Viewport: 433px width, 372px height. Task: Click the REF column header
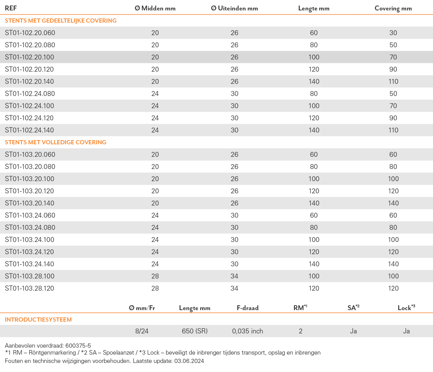coord(11,8)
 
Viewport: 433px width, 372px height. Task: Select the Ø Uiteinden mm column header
coord(234,8)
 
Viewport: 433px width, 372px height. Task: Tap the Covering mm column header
coord(393,8)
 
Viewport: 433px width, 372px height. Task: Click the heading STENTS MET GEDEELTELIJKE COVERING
coord(61,21)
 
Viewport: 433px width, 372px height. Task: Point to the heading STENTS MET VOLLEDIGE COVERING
coord(56,142)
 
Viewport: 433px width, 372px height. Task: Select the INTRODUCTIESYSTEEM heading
coord(38,320)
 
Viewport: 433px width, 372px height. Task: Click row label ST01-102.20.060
coord(30,33)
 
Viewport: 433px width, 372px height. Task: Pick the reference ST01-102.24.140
coord(29,130)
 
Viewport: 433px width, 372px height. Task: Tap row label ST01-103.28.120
coord(30,288)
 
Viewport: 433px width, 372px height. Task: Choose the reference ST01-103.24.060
coord(30,215)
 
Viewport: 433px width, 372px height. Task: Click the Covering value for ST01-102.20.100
coord(393,57)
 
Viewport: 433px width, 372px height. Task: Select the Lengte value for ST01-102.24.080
coord(314,94)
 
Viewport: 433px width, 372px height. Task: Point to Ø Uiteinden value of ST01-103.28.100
coord(234,276)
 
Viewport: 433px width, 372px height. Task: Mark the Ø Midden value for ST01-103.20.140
coord(155,203)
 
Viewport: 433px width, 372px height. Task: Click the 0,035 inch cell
coord(247,331)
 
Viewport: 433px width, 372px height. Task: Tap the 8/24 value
coord(142,331)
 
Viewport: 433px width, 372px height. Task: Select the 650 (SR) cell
coord(195,331)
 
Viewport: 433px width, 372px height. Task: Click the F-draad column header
coord(248,308)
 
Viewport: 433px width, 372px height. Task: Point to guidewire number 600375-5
coord(78,346)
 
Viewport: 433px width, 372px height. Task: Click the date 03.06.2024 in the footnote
coord(189,361)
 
